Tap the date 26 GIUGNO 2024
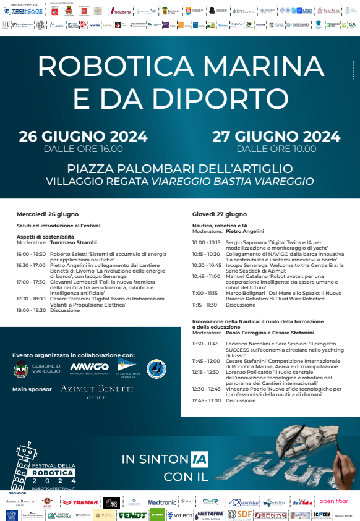coord(83,137)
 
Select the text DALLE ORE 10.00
coord(276,148)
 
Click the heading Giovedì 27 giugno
coord(215,214)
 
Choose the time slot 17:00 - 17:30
coord(31,281)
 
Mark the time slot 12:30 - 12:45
coord(206,389)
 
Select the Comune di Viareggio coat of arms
coord(21,370)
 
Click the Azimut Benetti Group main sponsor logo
coord(96,390)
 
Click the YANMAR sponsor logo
coord(85,502)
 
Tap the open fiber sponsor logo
coord(333,501)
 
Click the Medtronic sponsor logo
coord(162,502)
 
